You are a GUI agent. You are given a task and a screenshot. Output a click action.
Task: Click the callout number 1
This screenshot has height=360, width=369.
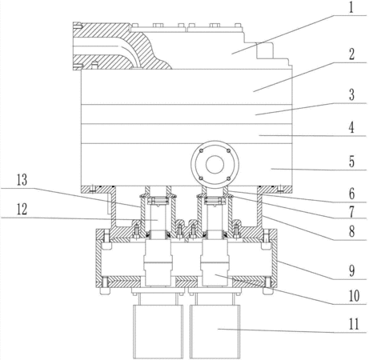[x=351, y=8]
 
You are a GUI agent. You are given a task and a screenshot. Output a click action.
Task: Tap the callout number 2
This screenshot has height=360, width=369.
[x=351, y=54]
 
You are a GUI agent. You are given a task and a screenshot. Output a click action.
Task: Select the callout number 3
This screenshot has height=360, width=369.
[x=351, y=94]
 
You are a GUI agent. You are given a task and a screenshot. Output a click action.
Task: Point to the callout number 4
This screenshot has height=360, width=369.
[x=351, y=127]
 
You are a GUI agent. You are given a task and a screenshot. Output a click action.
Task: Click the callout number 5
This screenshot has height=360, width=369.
[x=351, y=162]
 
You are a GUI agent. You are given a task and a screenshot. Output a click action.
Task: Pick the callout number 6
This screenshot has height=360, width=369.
[x=351, y=194]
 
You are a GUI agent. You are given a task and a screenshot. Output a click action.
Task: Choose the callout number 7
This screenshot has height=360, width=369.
[x=351, y=212]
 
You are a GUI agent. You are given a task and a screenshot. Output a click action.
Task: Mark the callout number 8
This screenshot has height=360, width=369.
[x=351, y=231]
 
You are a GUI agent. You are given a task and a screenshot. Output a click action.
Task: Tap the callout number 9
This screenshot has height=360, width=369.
[x=351, y=271]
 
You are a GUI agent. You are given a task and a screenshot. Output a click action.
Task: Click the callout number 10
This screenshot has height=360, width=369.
[x=354, y=296]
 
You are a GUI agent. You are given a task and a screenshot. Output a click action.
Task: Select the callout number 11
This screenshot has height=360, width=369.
[x=354, y=325]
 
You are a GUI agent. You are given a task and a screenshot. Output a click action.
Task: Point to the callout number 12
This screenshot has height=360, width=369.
[x=22, y=210]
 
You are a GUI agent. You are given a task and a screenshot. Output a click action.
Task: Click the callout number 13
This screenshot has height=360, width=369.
[x=22, y=180]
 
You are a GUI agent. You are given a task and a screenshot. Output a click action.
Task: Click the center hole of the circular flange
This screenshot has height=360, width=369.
[x=215, y=165]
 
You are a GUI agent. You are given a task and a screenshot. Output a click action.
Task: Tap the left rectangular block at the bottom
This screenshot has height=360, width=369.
[x=158, y=332]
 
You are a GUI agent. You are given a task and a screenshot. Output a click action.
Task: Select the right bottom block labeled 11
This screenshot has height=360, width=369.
[x=215, y=332]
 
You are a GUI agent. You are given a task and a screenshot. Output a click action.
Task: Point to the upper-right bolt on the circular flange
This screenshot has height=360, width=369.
[x=228, y=151]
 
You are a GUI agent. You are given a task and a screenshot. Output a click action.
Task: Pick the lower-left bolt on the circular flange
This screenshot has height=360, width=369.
[x=202, y=178]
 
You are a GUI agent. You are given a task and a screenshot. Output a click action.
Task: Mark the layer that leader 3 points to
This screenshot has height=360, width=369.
[x=187, y=114]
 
